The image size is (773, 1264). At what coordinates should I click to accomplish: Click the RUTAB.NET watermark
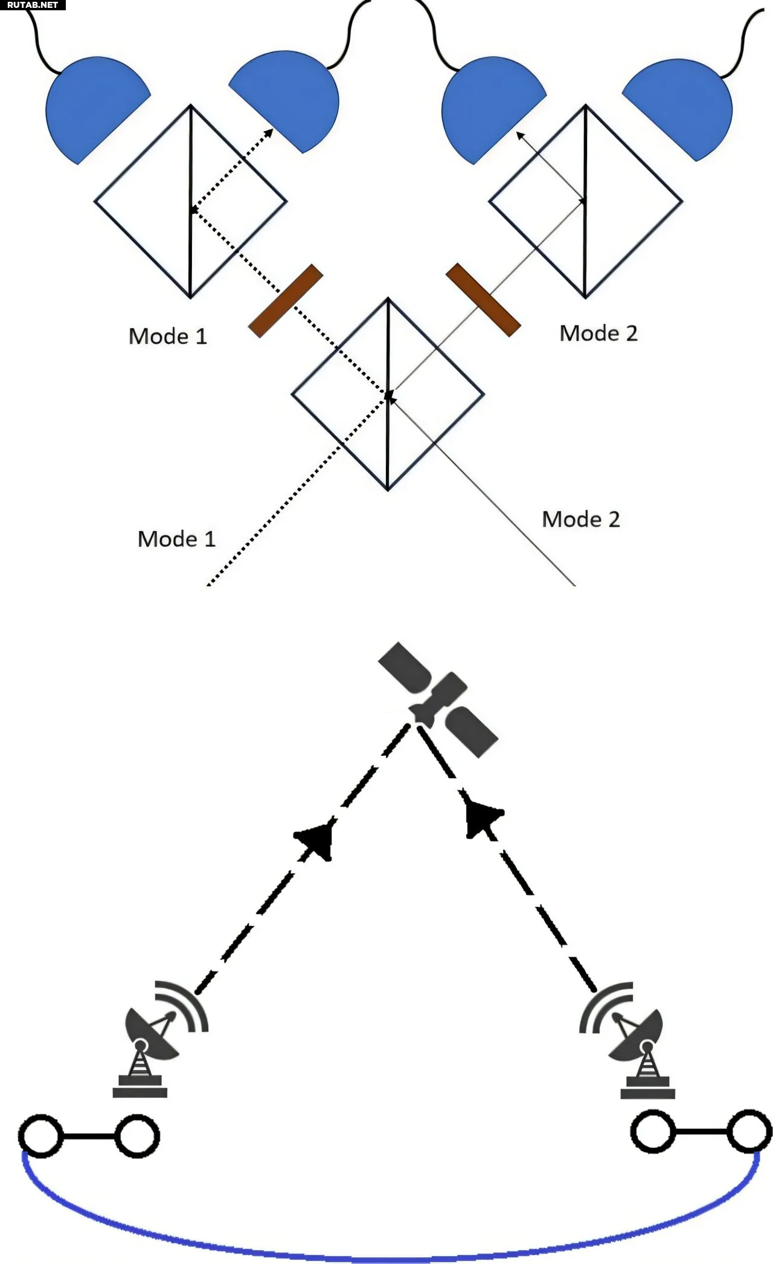point(32,5)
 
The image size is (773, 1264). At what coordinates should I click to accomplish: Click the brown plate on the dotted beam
point(286,300)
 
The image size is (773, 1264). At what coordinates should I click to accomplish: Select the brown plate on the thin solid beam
point(483,299)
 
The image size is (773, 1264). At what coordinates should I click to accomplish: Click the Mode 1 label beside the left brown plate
point(168,336)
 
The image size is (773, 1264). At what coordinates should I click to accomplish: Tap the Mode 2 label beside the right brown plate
point(598,333)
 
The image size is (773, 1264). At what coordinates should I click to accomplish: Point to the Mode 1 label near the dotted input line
point(177,538)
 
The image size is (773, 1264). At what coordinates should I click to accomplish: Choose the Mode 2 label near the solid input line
point(581,519)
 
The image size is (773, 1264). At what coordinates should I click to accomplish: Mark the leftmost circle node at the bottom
point(40,1137)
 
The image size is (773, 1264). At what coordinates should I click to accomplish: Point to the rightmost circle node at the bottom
point(749,1131)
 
